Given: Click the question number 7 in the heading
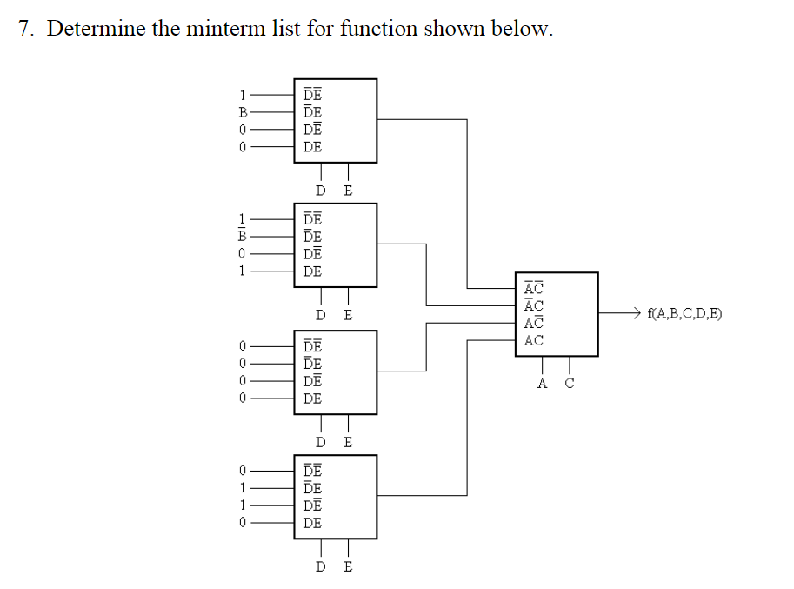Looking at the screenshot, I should click(x=24, y=29).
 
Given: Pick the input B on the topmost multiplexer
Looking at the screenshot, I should click(x=244, y=112).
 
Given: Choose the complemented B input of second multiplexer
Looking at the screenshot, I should click(x=244, y=236).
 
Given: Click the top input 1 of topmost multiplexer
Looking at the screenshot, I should click(x=244, y=95).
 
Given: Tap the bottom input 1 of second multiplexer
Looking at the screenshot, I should click(x=244, y=271).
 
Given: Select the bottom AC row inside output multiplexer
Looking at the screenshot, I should click(x=533, y=340).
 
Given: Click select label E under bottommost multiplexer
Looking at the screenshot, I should click(x=348, y=567).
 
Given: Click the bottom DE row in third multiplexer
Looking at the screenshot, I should click(x=312, y=398).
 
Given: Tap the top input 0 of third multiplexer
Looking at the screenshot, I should click(x=244, y=346).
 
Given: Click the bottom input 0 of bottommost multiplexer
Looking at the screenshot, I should click(x=244, y=523).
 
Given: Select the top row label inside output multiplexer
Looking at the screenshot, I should click(x=533, y=288).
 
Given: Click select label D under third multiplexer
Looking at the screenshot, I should click(x=321, y=442).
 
